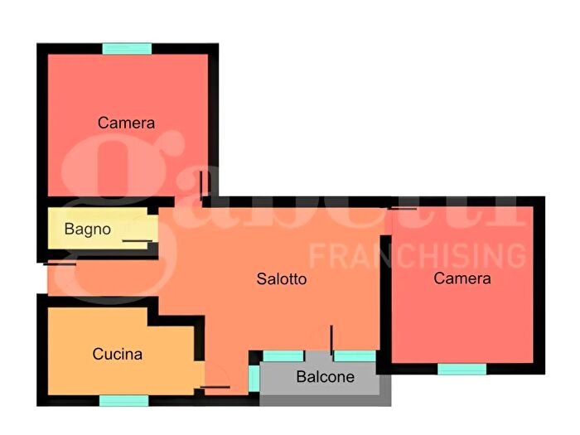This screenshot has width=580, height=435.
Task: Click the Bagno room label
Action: tap(88, 230)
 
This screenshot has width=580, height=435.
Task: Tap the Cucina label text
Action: tap(118, 354)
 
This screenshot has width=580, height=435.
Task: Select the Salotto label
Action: tap(282, 279)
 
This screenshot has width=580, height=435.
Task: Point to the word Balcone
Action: tap(325, 377)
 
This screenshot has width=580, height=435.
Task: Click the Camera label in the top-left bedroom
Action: tap(126, 123)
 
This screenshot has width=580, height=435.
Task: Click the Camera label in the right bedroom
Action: tap(462, 278)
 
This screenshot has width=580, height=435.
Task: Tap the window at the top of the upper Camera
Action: tap(127, 49)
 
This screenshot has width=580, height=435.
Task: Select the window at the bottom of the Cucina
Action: tap(124, 400)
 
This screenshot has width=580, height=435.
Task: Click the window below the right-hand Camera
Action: tap(462, 370)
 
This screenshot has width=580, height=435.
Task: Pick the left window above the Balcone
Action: tap(283, 356)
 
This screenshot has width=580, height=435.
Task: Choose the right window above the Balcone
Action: tap(355, 356)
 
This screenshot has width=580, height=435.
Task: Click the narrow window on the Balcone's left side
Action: tap(254, 378)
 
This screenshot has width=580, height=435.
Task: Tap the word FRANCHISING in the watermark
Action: tap(418, 255)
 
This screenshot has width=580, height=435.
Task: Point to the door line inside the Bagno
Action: tap(138, 241)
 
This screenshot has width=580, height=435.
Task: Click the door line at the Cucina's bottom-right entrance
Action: tap(215, 387)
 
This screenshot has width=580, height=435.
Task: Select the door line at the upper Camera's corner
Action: tap(201, 186)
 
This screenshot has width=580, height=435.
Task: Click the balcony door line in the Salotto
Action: tap(331, 341)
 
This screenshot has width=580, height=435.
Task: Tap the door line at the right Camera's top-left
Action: tap(402, 209)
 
